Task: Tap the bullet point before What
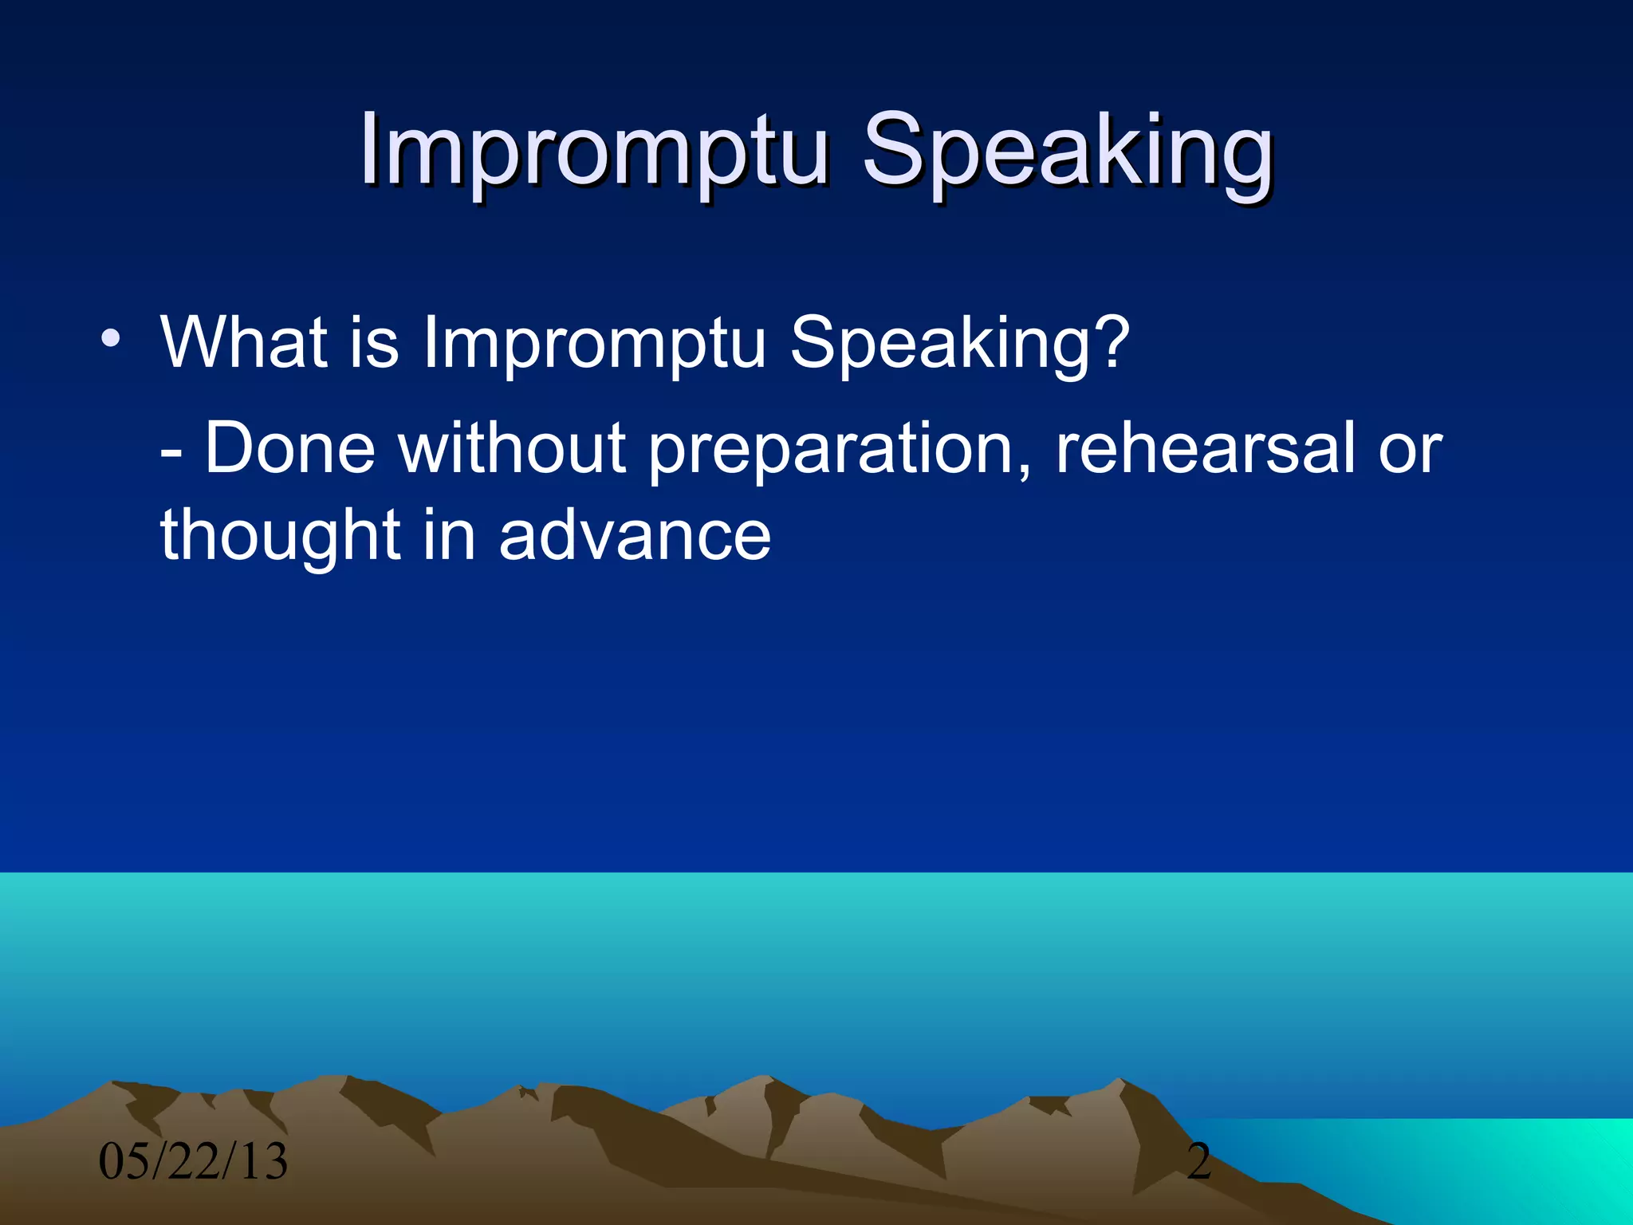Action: (x=111, y=340)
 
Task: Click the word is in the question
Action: (x=374, y=342)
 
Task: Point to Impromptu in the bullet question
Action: (x=594, y=345)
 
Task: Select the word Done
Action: (x=290, y=448)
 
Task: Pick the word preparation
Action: (x=829, y=451)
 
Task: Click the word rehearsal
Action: (x=1204, y=448)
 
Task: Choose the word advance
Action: (x=635, y=536)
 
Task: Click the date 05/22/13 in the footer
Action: (x=193, y=1161)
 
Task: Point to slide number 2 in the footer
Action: (x=1198, y=1161)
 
